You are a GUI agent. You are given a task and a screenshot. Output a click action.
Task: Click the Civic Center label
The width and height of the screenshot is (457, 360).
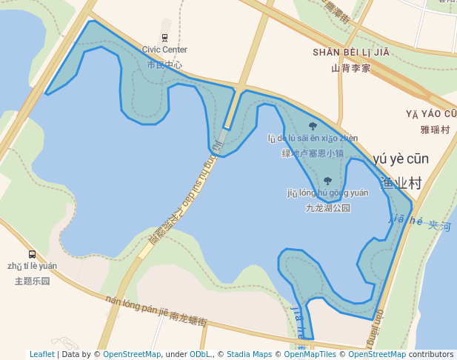click(164, 50)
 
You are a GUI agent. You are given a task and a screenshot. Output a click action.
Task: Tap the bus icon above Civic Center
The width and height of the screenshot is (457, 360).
click(164, 37)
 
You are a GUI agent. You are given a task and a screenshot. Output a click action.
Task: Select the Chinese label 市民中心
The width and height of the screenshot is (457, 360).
click(164, 65)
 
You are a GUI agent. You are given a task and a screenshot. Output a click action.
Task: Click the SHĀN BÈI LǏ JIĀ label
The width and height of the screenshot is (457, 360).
click(350, 53)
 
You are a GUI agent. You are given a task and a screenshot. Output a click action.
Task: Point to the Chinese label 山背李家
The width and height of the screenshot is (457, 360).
click(350, 68)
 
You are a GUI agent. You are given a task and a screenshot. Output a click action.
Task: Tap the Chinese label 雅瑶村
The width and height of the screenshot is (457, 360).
click(435, 130)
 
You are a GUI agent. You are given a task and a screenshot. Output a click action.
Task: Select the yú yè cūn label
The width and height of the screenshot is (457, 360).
click(401, 159)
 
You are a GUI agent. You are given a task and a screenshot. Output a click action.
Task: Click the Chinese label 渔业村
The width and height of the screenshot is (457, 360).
click(401, 183)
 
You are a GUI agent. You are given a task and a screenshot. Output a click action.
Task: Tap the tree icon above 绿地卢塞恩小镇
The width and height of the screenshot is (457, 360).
click(313, 126)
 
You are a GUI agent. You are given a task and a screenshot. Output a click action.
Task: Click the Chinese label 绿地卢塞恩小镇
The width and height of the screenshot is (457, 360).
click(313, 154)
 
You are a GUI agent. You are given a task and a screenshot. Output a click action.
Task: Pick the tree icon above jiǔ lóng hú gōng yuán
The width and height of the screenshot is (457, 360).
click(327, 181)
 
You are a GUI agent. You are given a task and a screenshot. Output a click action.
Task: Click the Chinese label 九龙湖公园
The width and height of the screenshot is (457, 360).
click(327, 208)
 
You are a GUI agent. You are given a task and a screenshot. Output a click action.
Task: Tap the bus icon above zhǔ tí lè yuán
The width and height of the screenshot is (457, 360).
click(32, 254)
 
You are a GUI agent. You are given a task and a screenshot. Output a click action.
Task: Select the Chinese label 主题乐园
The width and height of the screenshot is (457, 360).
click(32, 281)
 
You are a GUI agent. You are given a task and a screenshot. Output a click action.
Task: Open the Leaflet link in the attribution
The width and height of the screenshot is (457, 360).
click(41, 355)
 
